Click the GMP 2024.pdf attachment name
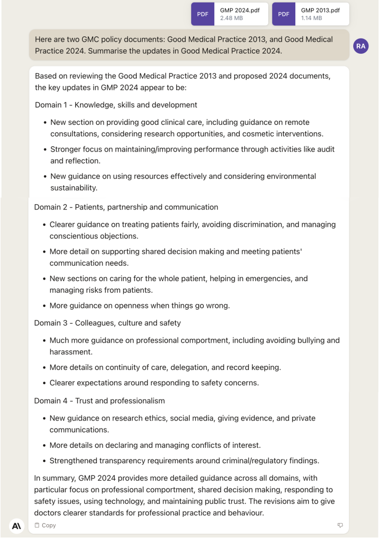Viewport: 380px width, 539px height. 239,10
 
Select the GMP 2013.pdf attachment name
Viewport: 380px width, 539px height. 321,10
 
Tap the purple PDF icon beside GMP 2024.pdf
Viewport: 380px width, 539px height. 203,14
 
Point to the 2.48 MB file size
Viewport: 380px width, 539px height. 232,18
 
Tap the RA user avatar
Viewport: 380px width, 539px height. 361,46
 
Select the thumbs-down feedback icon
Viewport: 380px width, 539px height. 340,525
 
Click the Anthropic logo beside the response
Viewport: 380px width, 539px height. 17,525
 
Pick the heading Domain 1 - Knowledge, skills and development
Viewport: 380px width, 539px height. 116,105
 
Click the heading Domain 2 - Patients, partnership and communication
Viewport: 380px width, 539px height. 126,207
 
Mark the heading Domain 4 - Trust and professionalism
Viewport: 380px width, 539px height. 99,401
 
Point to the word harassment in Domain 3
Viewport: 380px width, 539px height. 71,352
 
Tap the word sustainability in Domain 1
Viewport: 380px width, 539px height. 74,187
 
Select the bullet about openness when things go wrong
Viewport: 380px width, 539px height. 139,305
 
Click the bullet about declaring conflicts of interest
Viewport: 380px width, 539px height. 155,445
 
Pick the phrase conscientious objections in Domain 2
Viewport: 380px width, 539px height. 94,236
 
